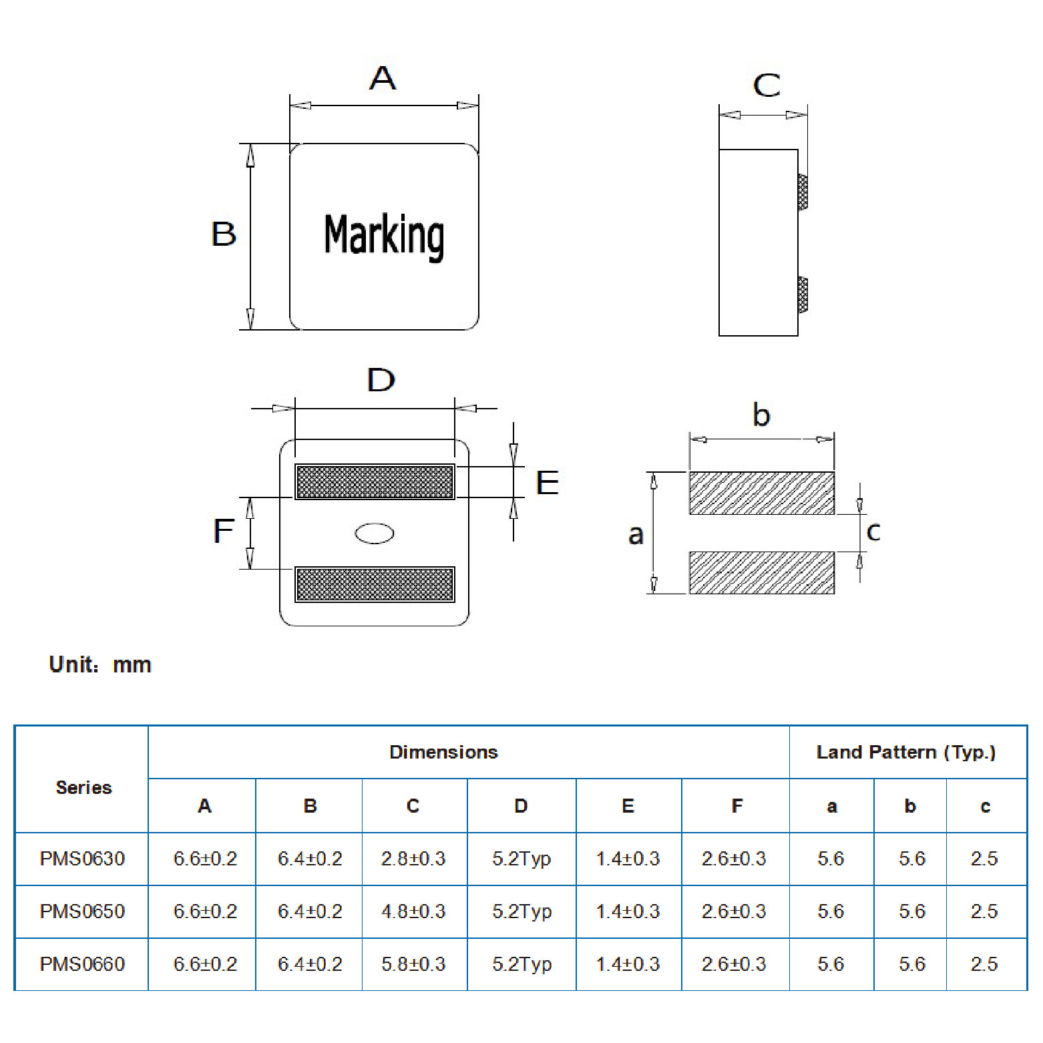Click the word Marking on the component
[x=384, y=236]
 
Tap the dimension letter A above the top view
[x=383, y=78]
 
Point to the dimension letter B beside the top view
[x=224, y=234]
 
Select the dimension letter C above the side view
[x=767, y=85]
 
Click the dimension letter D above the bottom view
[x=381, y=380]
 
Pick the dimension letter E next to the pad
[x=548, y=483]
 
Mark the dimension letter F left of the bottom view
[x=223, y=532]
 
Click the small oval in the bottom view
[x=375, y=533]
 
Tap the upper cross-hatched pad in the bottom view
[x=375, y=482]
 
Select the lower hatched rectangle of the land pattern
[x=761, y=572]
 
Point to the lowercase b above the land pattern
[x=761, y=415]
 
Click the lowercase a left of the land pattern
[x=636, y=534]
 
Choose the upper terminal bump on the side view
[x=803, y=192]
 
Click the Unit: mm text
[x=100, y=665]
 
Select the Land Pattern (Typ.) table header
[x=906, y=753]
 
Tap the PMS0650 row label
[x=82, y=911]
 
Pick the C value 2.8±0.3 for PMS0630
[x=413, y=859]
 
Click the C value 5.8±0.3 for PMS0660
[x=413, y=964]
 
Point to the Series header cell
[x=83, y=788]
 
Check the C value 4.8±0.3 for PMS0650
[x=413, y=911]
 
